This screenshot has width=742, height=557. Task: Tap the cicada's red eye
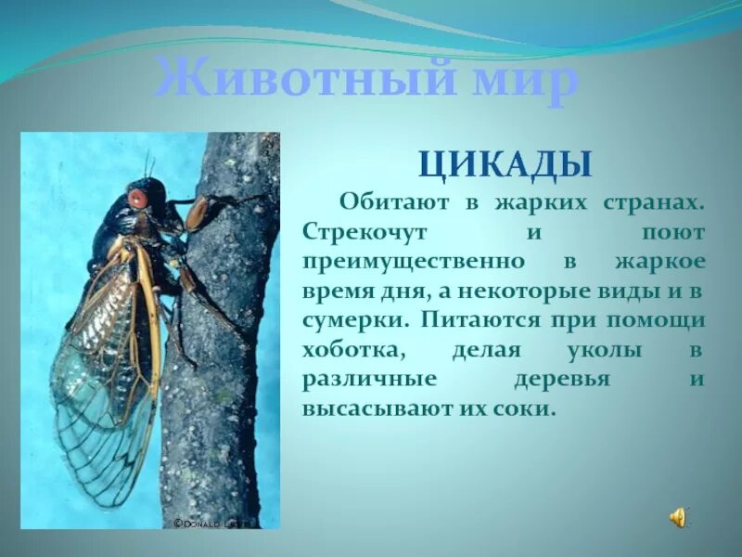[137, 198]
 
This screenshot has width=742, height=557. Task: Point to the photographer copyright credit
[212, 524]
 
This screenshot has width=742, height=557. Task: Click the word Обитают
[388, 201]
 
